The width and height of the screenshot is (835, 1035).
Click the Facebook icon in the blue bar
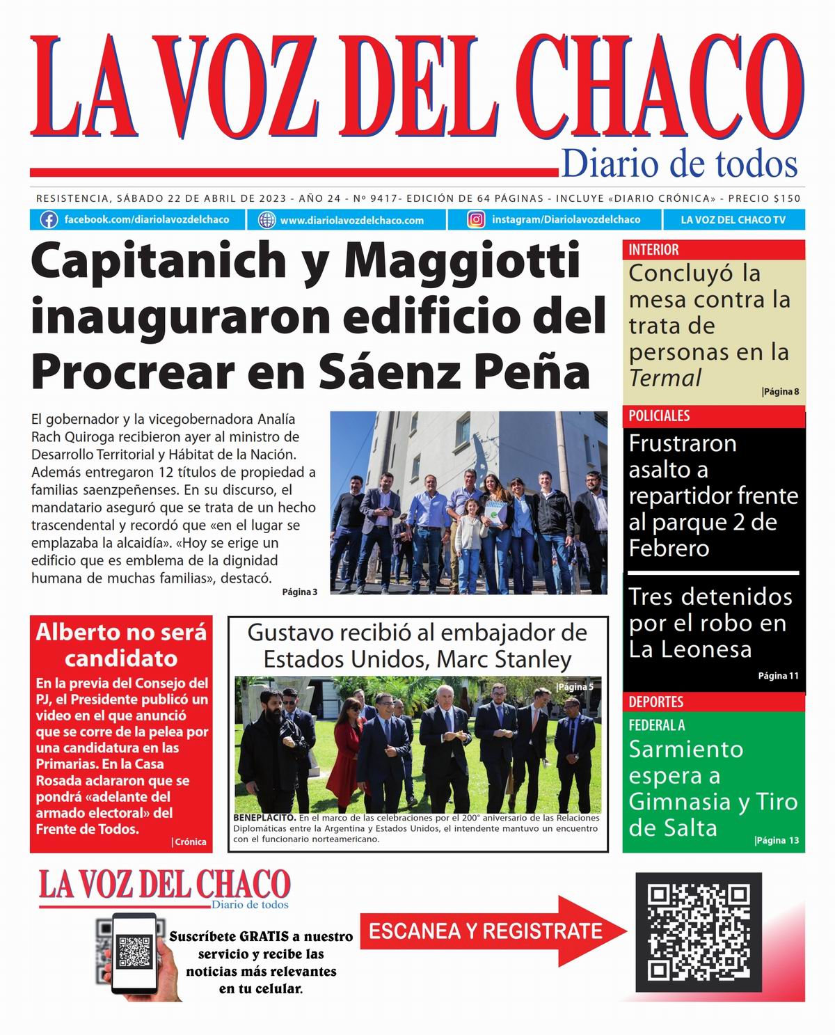(x=49, y=220)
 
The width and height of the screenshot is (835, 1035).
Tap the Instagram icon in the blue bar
(x=476, y=220)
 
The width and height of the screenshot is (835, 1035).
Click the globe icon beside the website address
(x=267, y=220)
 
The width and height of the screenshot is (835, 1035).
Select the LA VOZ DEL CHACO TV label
(x=733, y=220)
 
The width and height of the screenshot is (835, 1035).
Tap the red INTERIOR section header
(x=653, y=250)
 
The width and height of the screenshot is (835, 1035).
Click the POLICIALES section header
(x=659, y=416)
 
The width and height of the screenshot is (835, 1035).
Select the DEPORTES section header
(x=655, y=702)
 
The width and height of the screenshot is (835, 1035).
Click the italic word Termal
(x=665, y=379)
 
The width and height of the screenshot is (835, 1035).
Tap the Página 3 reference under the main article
(x=299, y=592)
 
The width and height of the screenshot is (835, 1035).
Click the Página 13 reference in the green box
(x=777, y=841)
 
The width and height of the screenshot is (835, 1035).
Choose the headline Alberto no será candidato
(x=121, y=645)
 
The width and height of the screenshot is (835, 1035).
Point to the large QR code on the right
(x=698, y=932)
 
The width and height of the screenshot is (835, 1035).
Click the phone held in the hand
(x=134, y=951)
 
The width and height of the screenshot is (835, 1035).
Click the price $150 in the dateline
(x=786, y=198)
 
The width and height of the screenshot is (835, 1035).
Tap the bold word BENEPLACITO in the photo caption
(x=264, y=819)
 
